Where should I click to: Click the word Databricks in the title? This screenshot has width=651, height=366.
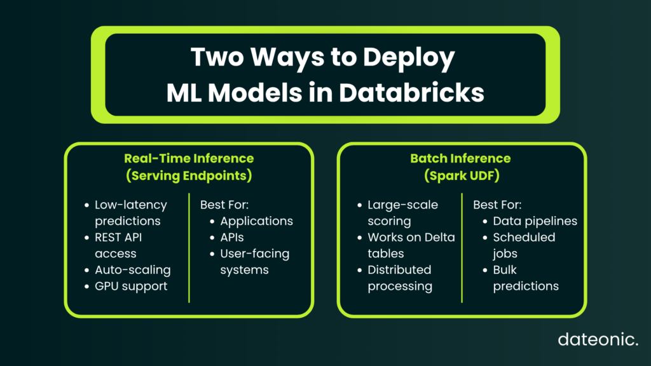pyautogui.click(x=411, y=93)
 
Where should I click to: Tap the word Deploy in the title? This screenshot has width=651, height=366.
pyautogui.click(x=409, y=58)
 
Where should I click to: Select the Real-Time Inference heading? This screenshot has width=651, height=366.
pyautogui.click(x=189, y=158)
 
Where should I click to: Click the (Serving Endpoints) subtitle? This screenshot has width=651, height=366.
pyautogui.click(x=189, y=175)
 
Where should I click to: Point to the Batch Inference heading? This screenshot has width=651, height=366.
pyautogui.click(x=460, y=158)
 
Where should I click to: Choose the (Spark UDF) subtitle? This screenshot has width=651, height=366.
pyautogui.click(x=462, y=175)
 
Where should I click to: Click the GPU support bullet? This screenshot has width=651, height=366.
pyautogui.click(x=131, y=287)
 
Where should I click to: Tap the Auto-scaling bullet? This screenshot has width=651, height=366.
pyautogui.click(x=132, y=269)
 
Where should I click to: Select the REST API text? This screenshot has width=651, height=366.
pyautogui.click(x=118, y=238)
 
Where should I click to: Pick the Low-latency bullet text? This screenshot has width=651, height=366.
pyautogui.click(x=131, y=205)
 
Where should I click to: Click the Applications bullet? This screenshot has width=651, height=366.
pyautogui.click(x=257, y=221)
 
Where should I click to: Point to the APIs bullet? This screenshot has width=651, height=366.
pyautogui.click(x=231, y=238)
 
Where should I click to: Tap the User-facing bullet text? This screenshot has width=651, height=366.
pyautogui.click(x=254, y=254)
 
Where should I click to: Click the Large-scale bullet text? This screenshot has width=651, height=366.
pyautogui.click(x=402, y=205)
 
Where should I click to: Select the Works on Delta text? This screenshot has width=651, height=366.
pyautogui.click(x=411, y=238)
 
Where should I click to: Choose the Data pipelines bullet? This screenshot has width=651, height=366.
pyautogui.click(x=535, y=221)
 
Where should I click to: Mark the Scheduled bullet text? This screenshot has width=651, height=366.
pyautogui.click(x=524, y=238)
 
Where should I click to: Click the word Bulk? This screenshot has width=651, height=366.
pyautogui.click(x=504, y=269)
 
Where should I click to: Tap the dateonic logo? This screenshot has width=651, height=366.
pyautogui.click(x=598, y=339)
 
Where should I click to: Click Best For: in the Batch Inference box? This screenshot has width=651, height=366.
pyautogui.click(x=497, y=205)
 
